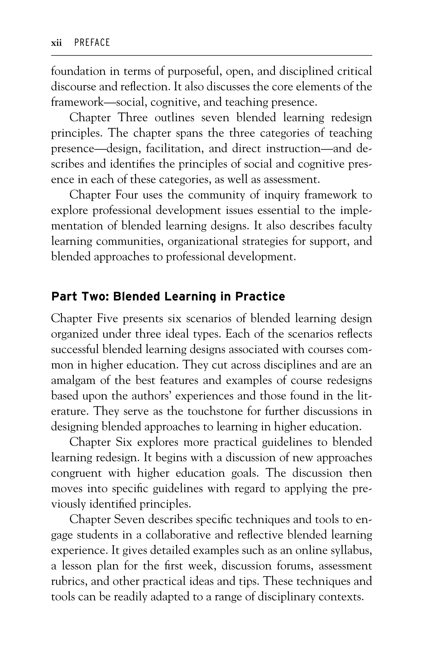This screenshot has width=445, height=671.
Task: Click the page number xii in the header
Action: coord(56,43)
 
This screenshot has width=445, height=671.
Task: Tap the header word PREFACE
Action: coord(92,43)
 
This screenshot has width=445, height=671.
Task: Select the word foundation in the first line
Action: coord(78,71)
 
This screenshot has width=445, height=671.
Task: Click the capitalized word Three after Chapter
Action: coord(133,118)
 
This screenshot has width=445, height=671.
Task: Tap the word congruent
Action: coord(76,473)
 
